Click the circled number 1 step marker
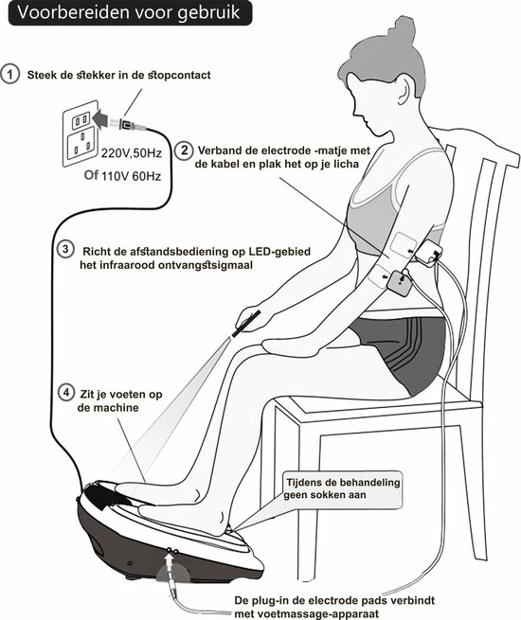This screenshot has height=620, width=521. click(x=12, y=75)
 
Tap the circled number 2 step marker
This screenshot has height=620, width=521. click(x=184, y=150)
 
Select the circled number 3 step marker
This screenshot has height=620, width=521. click(x=65, y=250)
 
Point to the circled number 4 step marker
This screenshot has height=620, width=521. click(x=65, y=391)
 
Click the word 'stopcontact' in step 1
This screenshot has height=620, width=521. click(x=185, y=76)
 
